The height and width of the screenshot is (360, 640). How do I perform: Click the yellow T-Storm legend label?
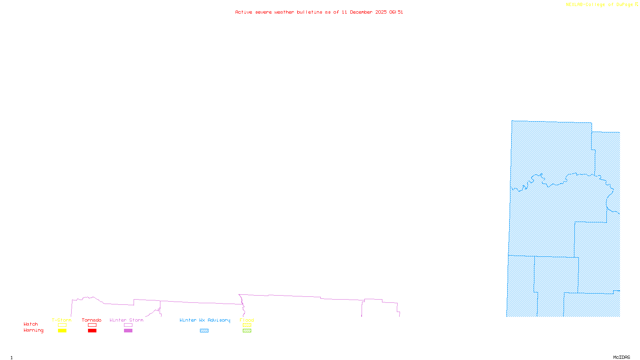point(62,320)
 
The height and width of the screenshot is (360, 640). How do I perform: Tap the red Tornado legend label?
point(92,320)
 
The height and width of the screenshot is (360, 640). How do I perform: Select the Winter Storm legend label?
point(126,320)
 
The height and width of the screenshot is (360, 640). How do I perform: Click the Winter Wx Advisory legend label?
point(205,320)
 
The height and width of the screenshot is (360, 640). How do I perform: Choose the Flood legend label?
point(247,320)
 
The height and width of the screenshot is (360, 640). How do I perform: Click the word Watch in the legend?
point(31,324)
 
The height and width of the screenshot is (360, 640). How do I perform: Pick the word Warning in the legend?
point(34,330)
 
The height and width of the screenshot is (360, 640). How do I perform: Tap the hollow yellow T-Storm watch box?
point(62,325)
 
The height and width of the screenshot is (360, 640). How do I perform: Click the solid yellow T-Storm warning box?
point(62,331)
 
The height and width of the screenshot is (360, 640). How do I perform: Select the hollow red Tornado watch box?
point(92,325)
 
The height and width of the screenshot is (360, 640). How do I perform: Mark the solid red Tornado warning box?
point(92,331)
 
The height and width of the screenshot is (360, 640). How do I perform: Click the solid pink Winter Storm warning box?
point(128,331)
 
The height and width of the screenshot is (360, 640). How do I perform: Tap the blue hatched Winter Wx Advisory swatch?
point(204,331)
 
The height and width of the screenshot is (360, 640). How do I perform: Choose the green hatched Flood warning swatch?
point(247,331)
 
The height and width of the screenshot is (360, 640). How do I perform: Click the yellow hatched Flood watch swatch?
point(247,325)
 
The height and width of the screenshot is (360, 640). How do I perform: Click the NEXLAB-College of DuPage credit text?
point(600,5)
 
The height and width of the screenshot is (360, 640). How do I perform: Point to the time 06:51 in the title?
point(396,12)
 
